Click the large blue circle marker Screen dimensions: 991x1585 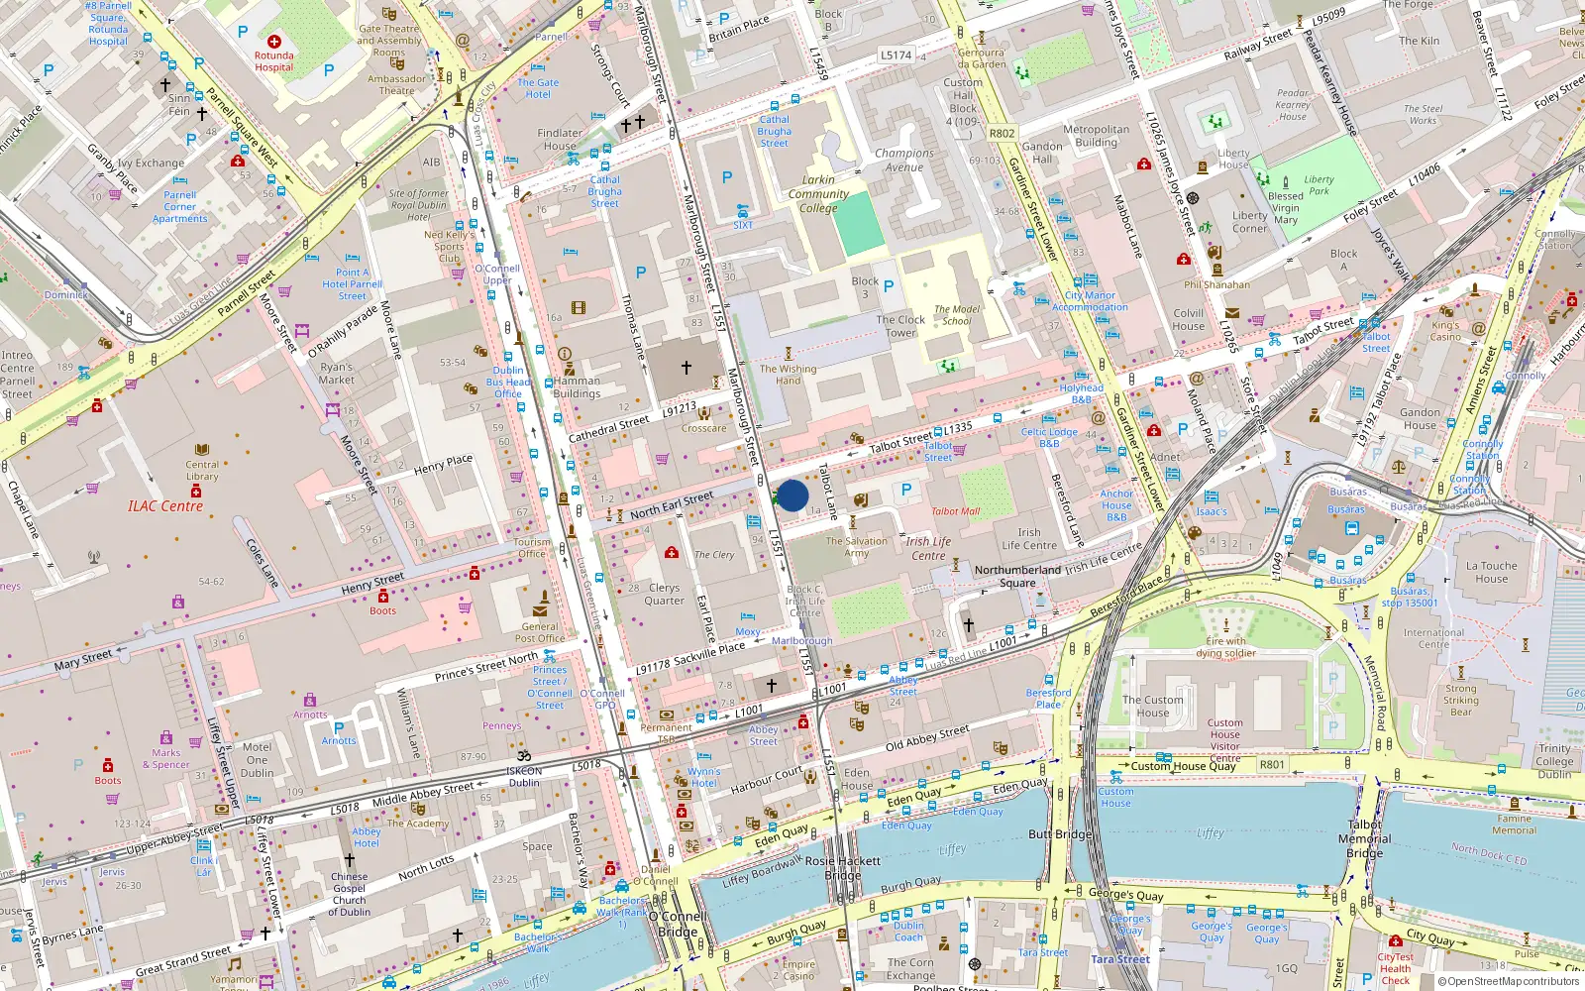(792, 495)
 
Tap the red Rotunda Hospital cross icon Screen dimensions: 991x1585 (274, 42)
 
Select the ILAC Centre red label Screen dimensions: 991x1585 (165, 506)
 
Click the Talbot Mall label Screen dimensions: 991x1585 (955, 511)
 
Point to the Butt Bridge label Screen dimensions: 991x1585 (1059, 834)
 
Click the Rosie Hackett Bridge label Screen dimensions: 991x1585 (842, 868)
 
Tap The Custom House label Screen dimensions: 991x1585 (1152, 706)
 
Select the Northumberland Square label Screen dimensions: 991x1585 (1017, 576)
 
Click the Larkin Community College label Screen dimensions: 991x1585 (818, 194)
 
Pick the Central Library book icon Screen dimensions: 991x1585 (202, 450)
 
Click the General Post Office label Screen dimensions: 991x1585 (540, 632)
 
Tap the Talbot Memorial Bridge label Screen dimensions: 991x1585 (1364, 838)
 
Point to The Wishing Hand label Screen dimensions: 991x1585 (788, 375)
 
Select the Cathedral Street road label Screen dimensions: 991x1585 (609, 428)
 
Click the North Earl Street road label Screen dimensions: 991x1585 (672, 505)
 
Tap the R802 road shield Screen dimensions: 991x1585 (1002, 133)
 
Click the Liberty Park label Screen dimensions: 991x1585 (1319, 185)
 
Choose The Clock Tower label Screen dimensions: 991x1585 (900, 326)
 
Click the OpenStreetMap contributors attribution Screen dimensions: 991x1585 (1508, 982)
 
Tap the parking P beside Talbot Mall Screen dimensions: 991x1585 (905, 490)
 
